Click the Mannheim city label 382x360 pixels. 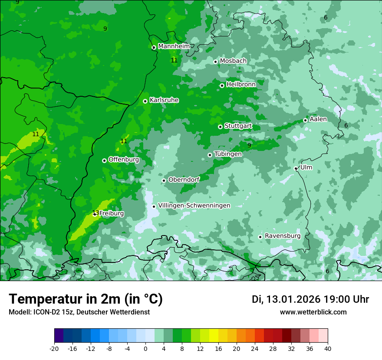(174, 46)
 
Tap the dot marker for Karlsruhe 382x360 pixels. (145, 101)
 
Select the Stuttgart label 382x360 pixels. (238, 126)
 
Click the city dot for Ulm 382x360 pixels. (296, 168)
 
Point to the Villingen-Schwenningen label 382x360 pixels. (194, 206)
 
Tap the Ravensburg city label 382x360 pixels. (282, 236)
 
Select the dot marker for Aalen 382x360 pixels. (305, 120)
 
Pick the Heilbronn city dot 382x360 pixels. (222, 85)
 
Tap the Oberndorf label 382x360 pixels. (184, 180)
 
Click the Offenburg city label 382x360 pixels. (123, 160)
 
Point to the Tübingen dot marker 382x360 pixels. (210, 155)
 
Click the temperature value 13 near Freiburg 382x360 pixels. (95, 213)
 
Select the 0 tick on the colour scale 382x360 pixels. (145, 348)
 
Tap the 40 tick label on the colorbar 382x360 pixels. (327, 348)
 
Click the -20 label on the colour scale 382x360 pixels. (54, 348)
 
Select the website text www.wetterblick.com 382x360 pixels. (313, 312)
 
